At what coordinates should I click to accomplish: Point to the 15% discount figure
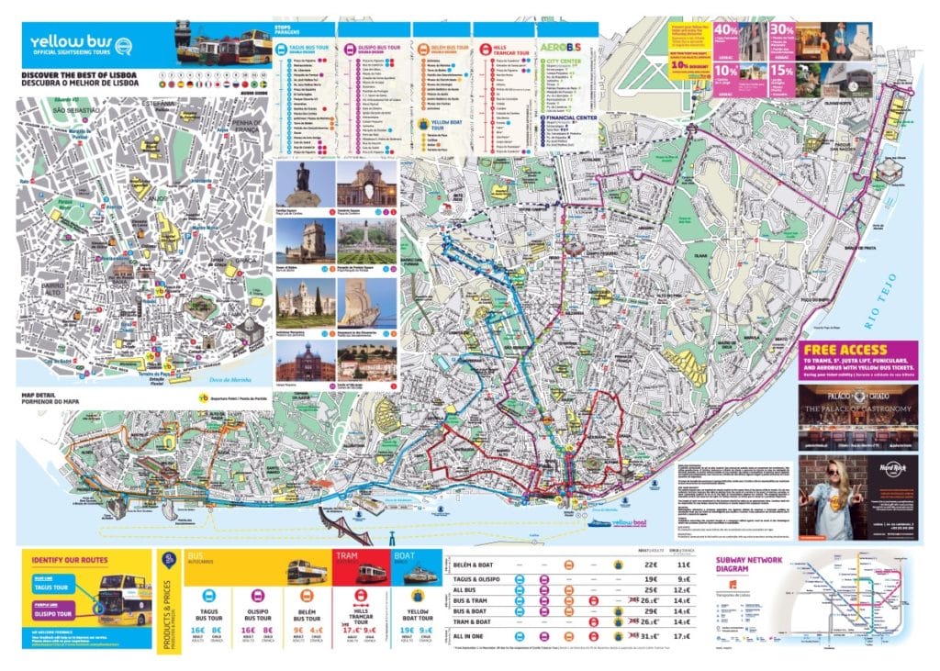click(782, 71)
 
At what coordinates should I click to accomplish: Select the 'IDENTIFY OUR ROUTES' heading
click(69, 559)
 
